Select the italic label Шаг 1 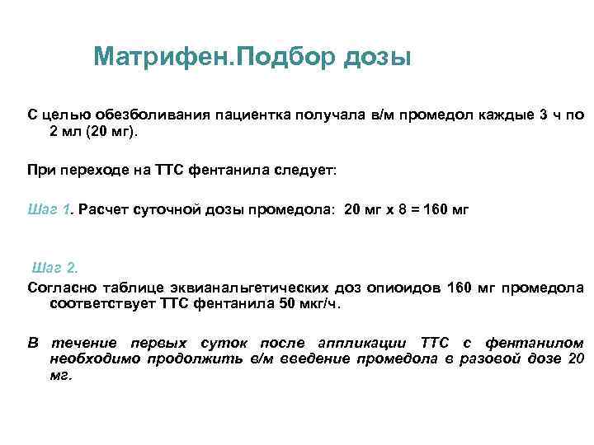[x=51, y=209]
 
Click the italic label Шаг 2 [x=55, y=268]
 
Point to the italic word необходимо [x=95, y=358]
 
